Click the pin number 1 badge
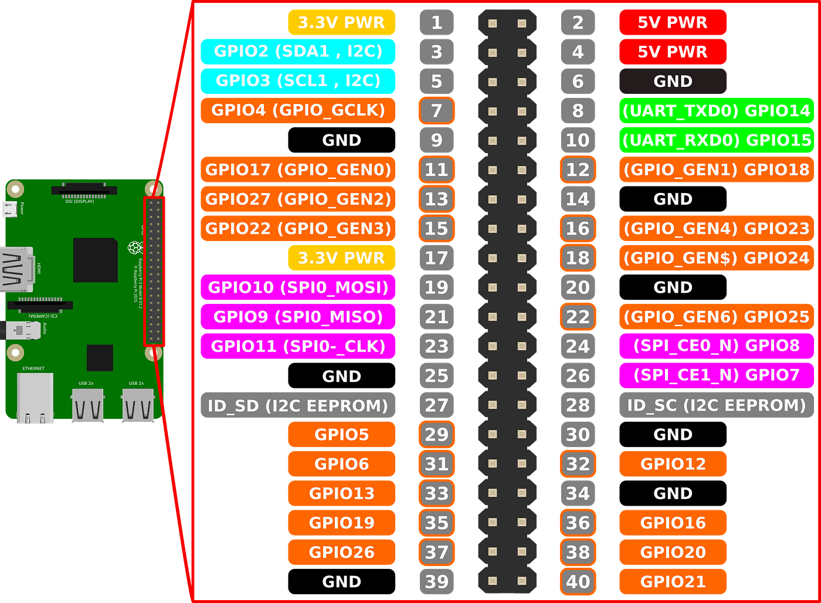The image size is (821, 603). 436,22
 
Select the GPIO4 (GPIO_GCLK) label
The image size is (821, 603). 298,110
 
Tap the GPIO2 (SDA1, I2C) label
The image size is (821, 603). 298,52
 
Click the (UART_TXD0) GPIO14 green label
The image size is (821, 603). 716,110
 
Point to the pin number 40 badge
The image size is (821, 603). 578,581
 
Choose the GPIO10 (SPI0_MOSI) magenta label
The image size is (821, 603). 298,287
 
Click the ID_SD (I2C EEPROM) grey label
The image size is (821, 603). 298,405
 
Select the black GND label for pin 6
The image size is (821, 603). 673,81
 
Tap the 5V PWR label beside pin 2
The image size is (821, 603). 673,22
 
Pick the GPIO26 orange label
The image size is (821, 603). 341,552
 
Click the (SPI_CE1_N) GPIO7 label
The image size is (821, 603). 716,375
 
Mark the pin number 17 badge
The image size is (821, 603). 436,258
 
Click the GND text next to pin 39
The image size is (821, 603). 341,581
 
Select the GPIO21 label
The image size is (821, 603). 673,581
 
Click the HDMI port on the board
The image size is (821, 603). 16,270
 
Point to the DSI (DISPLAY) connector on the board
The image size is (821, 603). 84,191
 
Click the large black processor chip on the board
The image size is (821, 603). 95,260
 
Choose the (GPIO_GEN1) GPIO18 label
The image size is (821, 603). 716,170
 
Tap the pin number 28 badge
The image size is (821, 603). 578,405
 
